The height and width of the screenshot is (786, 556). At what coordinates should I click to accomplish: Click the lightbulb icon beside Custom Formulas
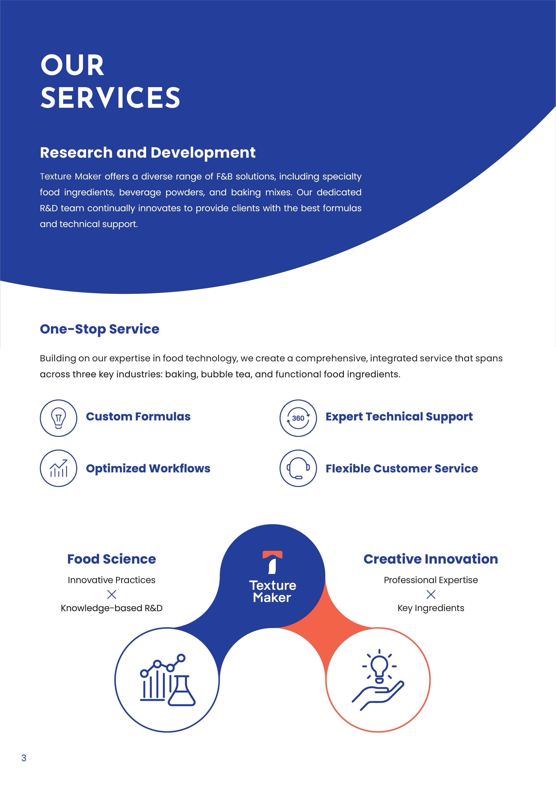58,418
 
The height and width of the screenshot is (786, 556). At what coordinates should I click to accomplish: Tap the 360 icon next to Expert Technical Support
298,418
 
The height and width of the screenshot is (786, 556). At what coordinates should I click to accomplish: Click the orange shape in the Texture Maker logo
272,555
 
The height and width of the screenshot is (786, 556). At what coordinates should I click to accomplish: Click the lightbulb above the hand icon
379,666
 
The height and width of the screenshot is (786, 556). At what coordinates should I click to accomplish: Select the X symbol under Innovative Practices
112,594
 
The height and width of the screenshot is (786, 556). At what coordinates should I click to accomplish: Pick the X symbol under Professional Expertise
431,594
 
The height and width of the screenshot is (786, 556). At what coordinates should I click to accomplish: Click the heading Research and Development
148,153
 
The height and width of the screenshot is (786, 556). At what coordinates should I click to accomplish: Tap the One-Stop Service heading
100,329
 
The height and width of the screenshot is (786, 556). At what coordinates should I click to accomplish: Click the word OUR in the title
72,65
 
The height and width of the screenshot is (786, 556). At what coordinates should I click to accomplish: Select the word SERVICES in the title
110,98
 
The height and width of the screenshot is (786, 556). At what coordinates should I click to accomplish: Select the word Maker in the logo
272,598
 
